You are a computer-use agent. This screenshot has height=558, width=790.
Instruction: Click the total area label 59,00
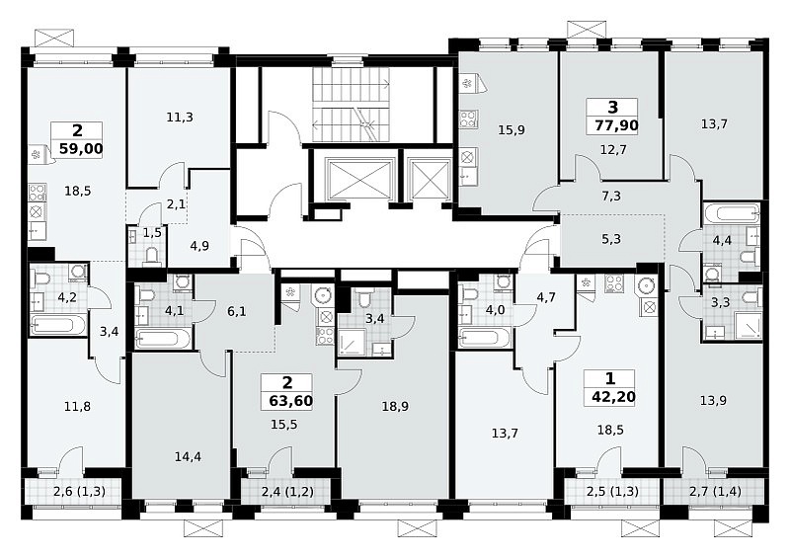tap(81, 149)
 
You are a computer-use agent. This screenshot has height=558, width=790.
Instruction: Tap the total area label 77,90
tap(616, 125)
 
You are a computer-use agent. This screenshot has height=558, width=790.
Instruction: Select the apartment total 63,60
tap(290, 401)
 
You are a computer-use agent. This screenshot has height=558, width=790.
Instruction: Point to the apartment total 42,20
tap(613, 397)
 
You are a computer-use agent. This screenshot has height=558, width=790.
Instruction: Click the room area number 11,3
tap(180, 118)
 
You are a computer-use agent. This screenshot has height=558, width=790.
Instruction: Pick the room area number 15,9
tap(512, 130)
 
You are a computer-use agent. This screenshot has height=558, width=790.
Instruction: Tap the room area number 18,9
tap(395, 406)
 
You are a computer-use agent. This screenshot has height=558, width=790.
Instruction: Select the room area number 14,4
tap(188, 456)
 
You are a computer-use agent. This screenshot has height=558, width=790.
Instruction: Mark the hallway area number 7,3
tap(611, 197)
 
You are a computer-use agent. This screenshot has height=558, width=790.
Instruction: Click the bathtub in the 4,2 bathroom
tap(58, 325)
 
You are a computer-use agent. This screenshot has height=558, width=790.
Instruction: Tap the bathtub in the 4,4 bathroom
tap(732, 212)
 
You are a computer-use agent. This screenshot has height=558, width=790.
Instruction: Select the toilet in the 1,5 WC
tap(151, 257)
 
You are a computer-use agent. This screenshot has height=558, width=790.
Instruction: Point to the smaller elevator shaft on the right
tap(430, 180)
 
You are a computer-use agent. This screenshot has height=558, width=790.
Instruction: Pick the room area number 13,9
tap(713, 401)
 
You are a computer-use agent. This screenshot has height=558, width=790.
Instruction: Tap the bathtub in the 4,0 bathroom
tap(486, 337)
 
